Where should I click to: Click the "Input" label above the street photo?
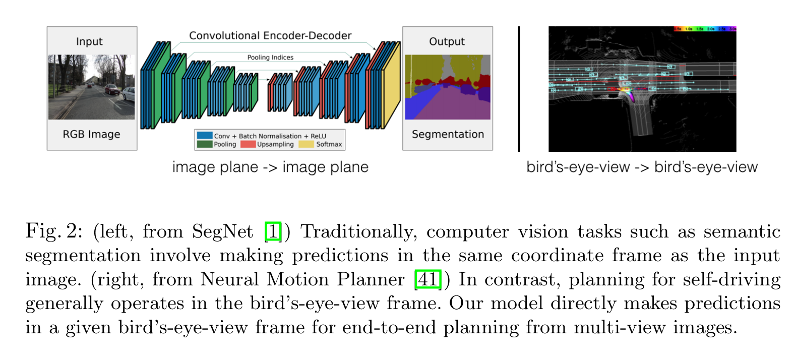pos(89,41)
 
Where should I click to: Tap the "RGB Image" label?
pos(91,134)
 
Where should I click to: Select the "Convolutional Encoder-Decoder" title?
pos(270,36)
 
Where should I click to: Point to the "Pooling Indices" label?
pos(270,57)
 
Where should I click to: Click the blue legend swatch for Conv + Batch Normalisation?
pos(205,136)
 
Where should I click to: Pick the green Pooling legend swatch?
pos(205,144)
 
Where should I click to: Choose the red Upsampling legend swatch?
pos(248,144)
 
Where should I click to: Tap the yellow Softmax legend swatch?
pos(306,144)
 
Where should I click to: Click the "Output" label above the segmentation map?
pos(447,41)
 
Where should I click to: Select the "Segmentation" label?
pos(448,134)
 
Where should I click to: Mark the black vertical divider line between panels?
pos(519,89)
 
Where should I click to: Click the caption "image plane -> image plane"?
pos(270,167)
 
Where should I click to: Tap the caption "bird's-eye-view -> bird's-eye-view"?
pos(642,167)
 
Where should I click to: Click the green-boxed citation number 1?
pos(273,231)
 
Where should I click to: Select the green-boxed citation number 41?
pos(427,279)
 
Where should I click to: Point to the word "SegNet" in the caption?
pos(222,231)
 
